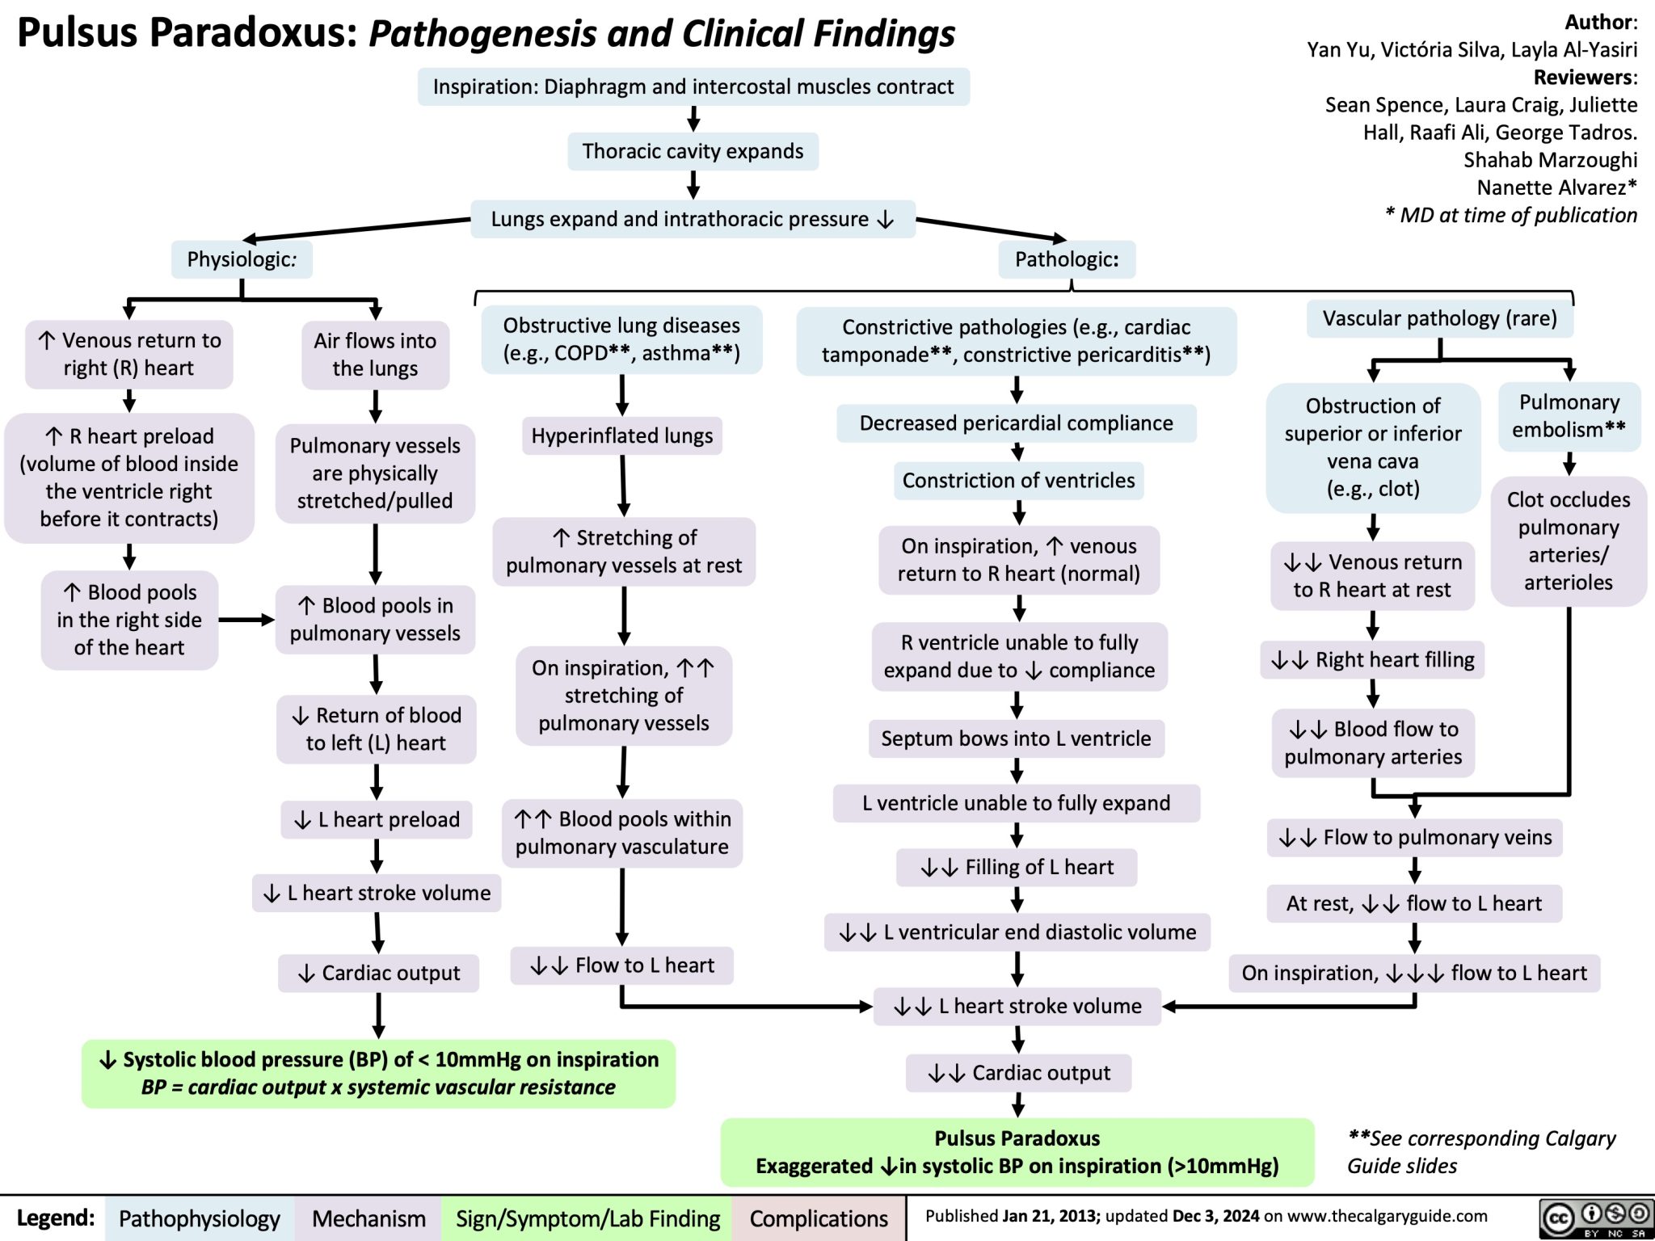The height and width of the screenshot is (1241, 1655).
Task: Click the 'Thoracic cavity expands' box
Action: click(693, 151)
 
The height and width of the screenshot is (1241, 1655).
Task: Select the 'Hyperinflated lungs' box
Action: click(621, 436)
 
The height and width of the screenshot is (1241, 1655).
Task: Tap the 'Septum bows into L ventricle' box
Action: click(1016, 738)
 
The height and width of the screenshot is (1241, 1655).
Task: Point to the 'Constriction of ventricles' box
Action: click(1018, 481)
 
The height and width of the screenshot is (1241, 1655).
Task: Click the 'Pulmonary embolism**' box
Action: click(1569, 416)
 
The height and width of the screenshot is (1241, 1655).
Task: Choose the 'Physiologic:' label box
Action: click(242, 259)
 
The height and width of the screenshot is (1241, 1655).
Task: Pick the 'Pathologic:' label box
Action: click(1066, 259)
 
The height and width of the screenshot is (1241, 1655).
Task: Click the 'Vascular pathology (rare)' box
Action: click(1439, 318)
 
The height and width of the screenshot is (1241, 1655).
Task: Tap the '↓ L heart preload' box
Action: click(377, 820)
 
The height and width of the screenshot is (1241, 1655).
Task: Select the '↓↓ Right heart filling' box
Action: click(1372, 660)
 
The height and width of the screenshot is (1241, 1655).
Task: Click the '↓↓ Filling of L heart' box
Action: click(1017, 867)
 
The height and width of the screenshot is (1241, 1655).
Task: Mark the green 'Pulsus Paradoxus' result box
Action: click(1017, 1152)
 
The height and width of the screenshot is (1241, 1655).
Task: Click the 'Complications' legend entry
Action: click(818, 1218)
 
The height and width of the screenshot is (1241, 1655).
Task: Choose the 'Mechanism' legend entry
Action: click(368, 1218)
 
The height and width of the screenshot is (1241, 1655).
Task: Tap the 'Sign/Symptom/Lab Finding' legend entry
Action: click(587, 1218)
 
